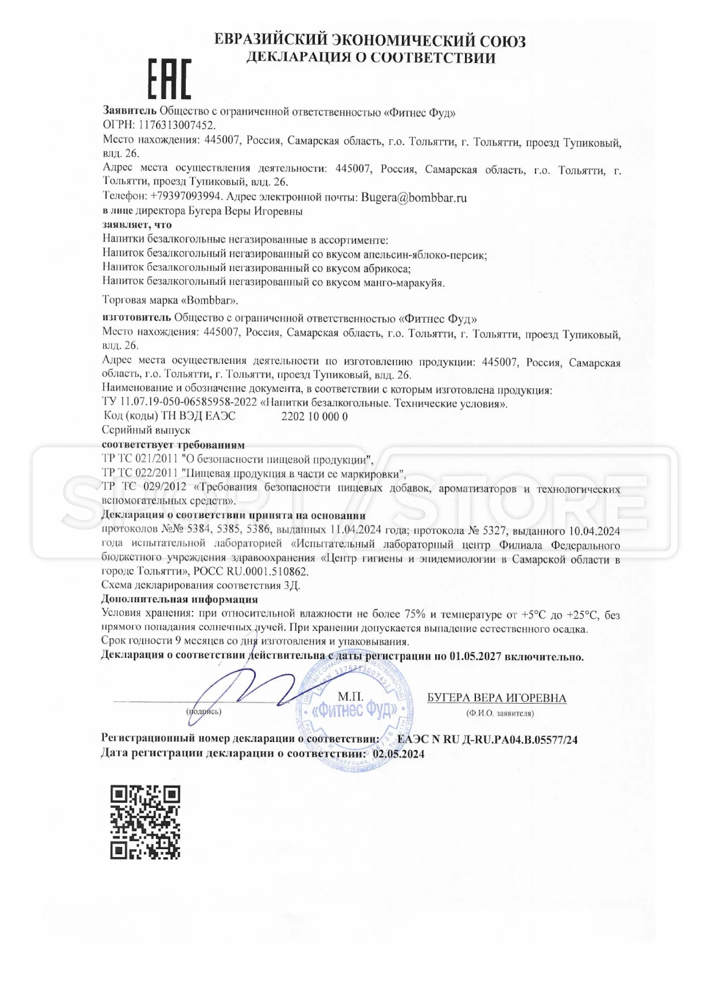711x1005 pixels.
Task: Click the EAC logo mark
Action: click(x=170, y=79)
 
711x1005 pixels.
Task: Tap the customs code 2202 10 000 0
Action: click(x=314, y=416)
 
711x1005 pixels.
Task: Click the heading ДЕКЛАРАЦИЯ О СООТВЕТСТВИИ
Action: click(x=371, y=58)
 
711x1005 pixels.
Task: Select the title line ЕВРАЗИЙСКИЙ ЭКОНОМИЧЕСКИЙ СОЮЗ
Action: click(x=370, y=40)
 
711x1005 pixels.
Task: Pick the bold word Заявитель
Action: click(x=129, y=111)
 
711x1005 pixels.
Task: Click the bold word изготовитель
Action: click(x=137, y=317)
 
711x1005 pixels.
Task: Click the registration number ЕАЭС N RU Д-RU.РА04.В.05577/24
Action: click(x=488, y=739)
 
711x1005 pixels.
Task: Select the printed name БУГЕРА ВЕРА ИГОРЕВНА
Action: click(x=496, y=698)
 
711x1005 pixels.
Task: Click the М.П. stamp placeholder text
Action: click(x=350, y=697)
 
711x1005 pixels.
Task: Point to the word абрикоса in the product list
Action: click(x=386, y=269)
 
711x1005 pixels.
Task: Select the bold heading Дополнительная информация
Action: click(x=179, y=599)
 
